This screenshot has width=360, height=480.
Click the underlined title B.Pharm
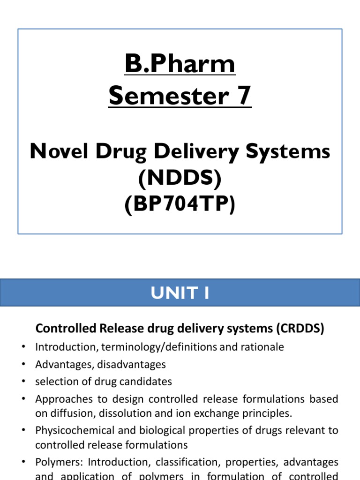(x=180, y=65)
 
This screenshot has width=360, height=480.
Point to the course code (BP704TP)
(x=180, y=205)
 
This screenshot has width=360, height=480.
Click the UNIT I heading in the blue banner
(x=180, y=293)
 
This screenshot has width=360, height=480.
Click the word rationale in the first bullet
(x=263, y=347)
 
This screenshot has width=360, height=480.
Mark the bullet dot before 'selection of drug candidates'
(x=23, y=382)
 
